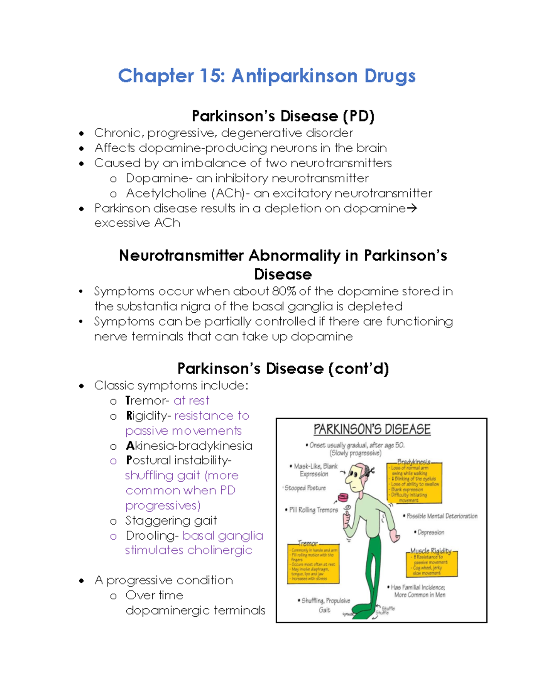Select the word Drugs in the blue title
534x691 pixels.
click(390, 76)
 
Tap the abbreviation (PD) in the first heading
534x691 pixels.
click(358, 116)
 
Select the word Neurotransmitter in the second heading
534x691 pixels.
click(181, 256)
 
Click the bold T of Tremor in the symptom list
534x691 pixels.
click(128, 400)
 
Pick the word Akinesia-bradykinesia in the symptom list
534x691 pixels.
click(189, 446)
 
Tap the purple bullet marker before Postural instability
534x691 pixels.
click(113, 461)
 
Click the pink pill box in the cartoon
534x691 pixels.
click(342, 497)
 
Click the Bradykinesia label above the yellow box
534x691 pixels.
click(414, 462)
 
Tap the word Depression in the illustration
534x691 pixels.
click(431, 532)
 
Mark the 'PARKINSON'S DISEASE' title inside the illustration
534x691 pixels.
click(372, 429)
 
